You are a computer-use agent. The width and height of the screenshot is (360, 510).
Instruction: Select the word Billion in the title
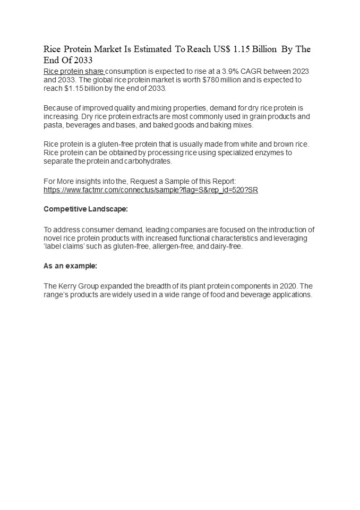click(264, 49)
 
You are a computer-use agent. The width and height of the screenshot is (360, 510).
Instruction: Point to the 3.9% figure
click(223, 71)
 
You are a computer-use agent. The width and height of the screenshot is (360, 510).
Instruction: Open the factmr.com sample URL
click(150, 190)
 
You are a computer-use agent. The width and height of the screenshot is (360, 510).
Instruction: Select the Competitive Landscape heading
click(85, 209)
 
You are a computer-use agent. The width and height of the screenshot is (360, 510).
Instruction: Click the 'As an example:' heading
click(70, 266)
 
